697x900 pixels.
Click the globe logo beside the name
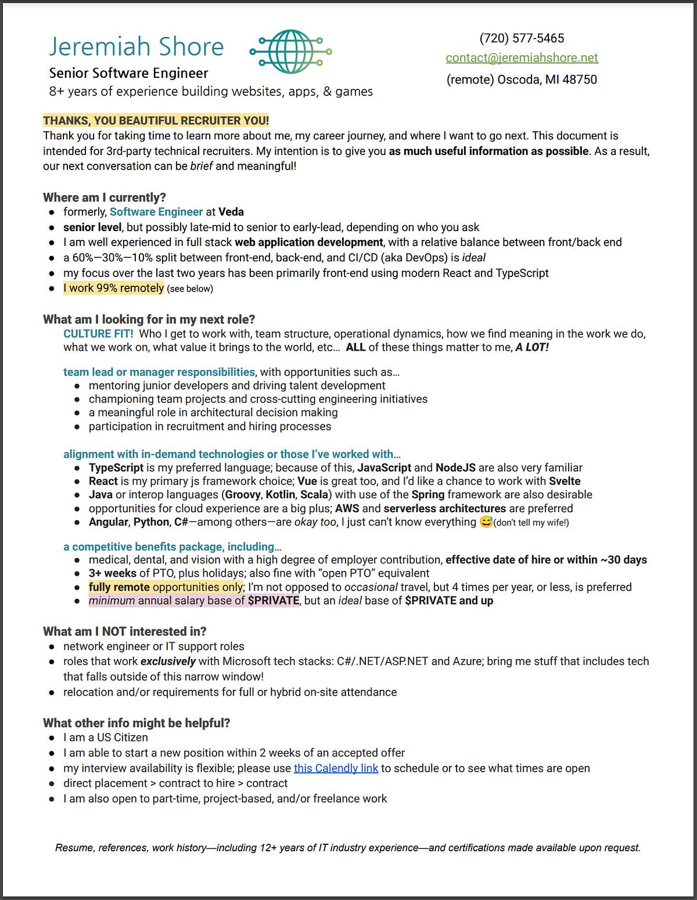pyautogui.click(x=291, y=52)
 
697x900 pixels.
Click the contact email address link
pyautogui.click(x=522, y=57)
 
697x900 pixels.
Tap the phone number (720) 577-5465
pyautogui.click(x=522, y=38)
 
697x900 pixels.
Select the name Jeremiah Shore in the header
pyautogui.click(x=136, y=46)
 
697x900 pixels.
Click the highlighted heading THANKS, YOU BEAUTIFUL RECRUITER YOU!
pyautogui.click(x=156, y=121)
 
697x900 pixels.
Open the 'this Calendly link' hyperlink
pyautogui.click(x=336, y=768)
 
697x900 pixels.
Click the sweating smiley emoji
pyautogui.click(x=486, y=522)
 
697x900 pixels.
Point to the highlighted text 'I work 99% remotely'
pyautogui.click(x=114, y=288)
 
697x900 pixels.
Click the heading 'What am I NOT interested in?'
pyautogui.click(x=124, y=631)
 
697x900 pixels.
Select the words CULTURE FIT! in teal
pyautogui.click(x=98, y=334)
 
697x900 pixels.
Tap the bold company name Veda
pyautogui.click(x=231, y=212)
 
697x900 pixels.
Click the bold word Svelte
pyautogui.click(x=565, y=481)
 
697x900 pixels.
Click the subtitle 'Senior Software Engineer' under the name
pyautogui.click(x=128, y=73)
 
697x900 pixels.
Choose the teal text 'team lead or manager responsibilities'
pyautogui.click(x=159, y=372)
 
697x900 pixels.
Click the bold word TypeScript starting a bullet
pyautogui.click(x=116, y=467)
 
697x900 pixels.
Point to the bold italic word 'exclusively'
pyautogui.click(x=168, y=661)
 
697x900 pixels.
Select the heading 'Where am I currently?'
pyautogui.click(x=104, y=197)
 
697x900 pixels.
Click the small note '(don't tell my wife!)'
pyautogui.click(x=531, y=523)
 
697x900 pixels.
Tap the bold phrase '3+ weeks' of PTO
pyautogui.click(x=113, y=573)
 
